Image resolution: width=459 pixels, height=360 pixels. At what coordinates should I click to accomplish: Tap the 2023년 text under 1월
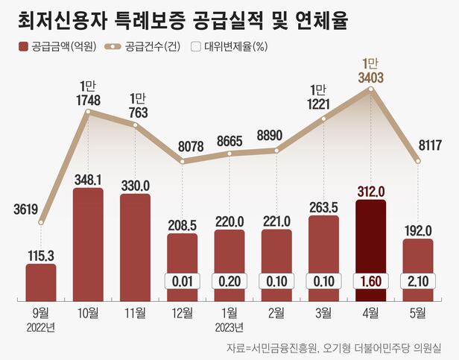pyautogui.click(x=229, y=328)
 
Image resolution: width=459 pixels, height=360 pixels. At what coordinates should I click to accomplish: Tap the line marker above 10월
pyautogui.click(x=88, y=113)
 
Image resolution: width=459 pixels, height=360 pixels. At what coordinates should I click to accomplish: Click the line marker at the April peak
pyautogui.click(x=370, y=89)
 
